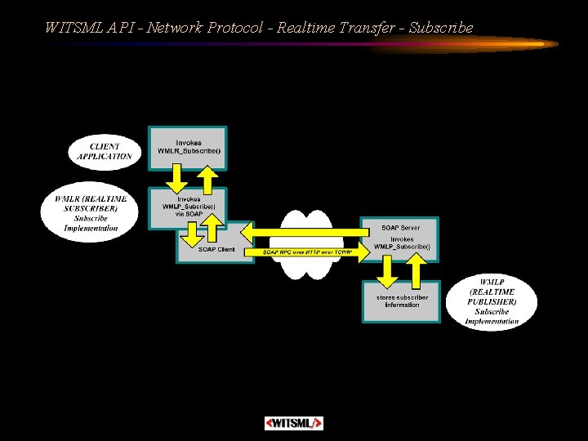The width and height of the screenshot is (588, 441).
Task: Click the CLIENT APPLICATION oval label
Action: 104,151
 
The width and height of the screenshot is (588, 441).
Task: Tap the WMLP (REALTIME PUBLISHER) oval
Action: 492,303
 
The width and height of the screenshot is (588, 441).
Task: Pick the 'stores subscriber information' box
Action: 402,301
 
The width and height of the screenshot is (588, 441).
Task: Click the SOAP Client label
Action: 216,250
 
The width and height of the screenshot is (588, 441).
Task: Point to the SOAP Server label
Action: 401,227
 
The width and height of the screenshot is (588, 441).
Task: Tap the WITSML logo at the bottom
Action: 294,423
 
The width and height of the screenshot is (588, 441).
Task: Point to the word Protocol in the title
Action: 235,28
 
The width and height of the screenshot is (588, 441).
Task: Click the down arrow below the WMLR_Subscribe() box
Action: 176,177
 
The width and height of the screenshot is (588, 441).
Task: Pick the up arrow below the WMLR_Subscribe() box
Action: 207,177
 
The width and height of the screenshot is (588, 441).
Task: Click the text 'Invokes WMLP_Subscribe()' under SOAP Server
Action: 402,243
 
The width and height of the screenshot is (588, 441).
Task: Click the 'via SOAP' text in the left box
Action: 188,213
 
